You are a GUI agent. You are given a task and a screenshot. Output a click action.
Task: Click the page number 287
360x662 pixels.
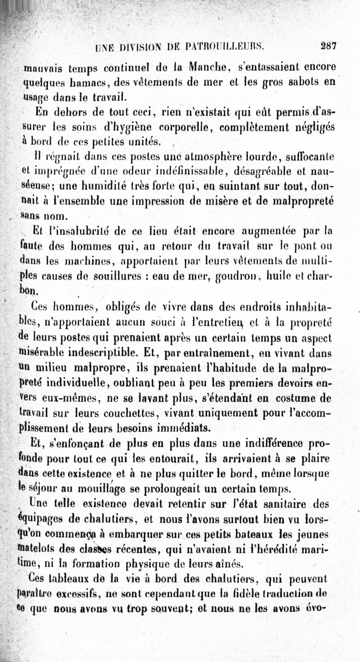(329, 45)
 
